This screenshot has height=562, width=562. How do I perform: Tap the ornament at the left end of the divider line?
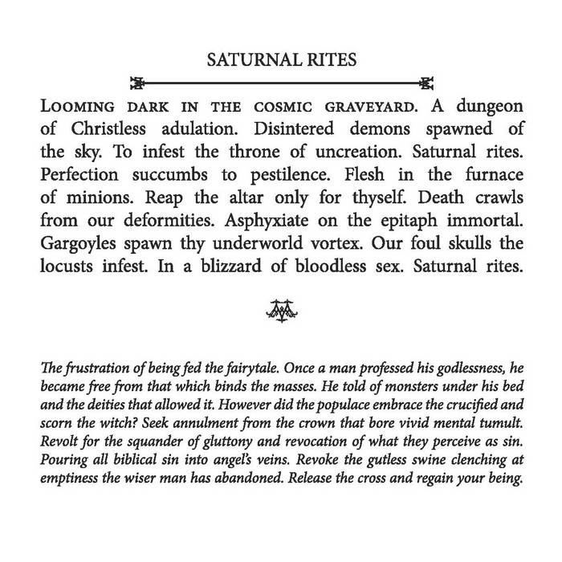137,82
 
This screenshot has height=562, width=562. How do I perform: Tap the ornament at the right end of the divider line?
426,82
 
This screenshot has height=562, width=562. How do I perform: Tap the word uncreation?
344,152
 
